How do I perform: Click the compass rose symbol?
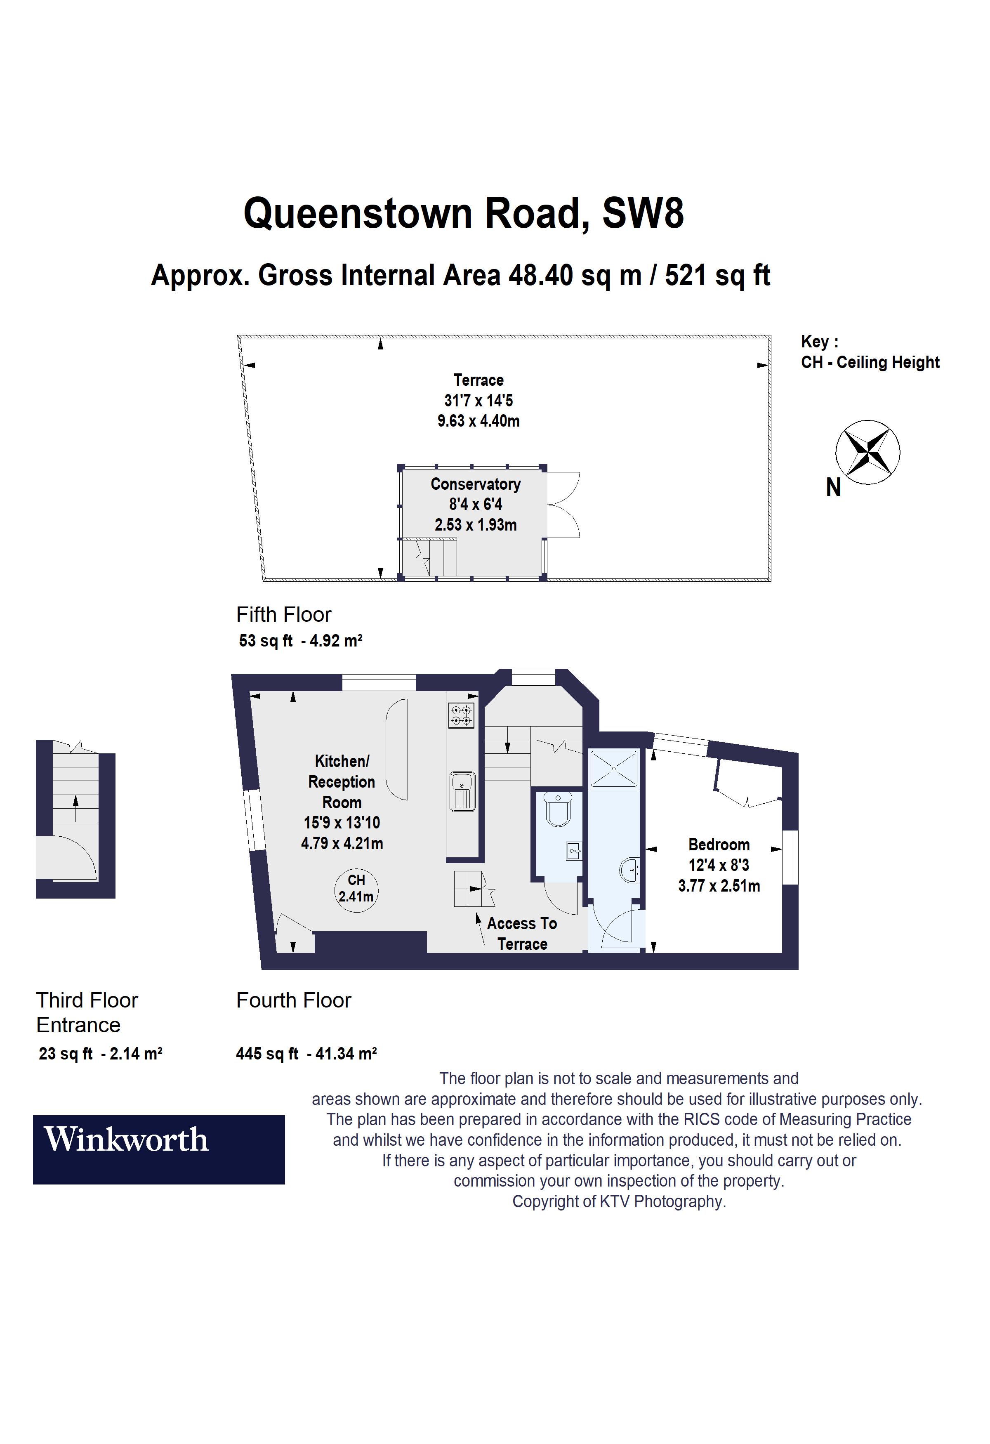[867, 452]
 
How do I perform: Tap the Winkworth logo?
[158, 1149]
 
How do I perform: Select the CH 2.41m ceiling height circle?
[356, 890]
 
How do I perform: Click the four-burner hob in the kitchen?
[461, 715]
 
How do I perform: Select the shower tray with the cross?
[614, 769]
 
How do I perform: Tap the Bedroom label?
[719, 845]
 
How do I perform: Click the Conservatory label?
[475, 484]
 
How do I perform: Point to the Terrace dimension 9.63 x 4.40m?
[478, 421]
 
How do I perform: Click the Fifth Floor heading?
[283, 614]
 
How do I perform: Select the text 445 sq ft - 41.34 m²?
[306, 1053]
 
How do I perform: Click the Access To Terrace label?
[522, 933]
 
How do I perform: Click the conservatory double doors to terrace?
[564, 505]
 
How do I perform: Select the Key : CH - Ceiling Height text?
[870, 352]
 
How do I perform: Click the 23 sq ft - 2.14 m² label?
[100, 1053]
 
